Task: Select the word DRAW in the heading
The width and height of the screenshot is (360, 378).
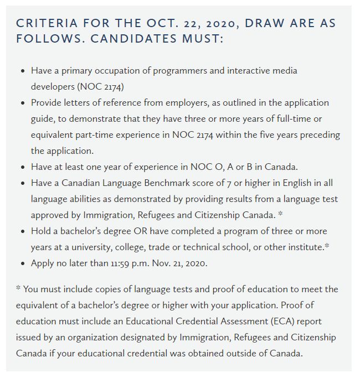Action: (x=267, y=24)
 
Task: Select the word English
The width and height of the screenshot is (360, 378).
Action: (x=278, y=183)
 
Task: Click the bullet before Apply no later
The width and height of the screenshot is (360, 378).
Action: (x=22, y=263)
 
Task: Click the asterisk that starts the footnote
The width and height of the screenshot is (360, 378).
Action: (x=19, y=289)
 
